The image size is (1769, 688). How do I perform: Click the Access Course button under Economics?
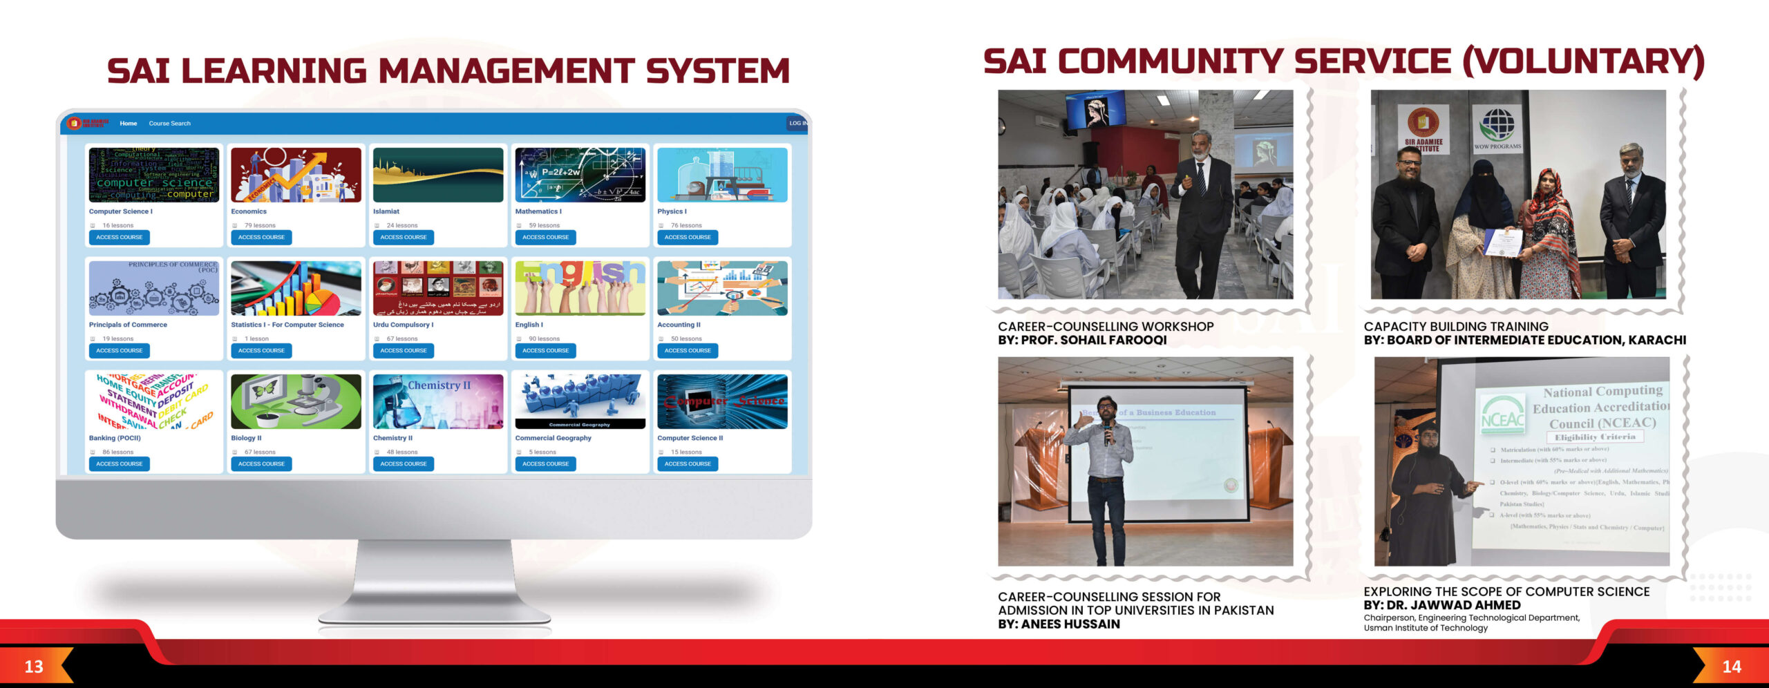(261, 237)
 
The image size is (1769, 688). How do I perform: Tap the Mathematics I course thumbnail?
(580, 175)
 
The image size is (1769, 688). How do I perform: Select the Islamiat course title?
(386, 211)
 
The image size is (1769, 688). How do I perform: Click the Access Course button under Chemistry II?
(404, 464)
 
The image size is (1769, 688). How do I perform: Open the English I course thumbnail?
(580, 288)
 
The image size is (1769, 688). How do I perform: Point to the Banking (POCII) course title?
(115, 438)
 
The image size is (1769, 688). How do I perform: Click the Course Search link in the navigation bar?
(169, 124)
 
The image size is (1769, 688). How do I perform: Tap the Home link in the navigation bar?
(128, 124)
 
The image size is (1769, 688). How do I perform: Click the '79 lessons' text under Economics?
(260, 225)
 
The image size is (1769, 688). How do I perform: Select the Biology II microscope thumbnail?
(296, 401)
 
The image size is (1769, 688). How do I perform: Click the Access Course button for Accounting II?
(688, 350)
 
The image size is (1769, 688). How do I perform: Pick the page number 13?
(34, 667)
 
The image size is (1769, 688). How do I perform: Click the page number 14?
(1732, 667)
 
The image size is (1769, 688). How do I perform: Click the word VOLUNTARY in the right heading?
(1583, 62)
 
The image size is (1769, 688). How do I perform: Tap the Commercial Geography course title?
(553, 438)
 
